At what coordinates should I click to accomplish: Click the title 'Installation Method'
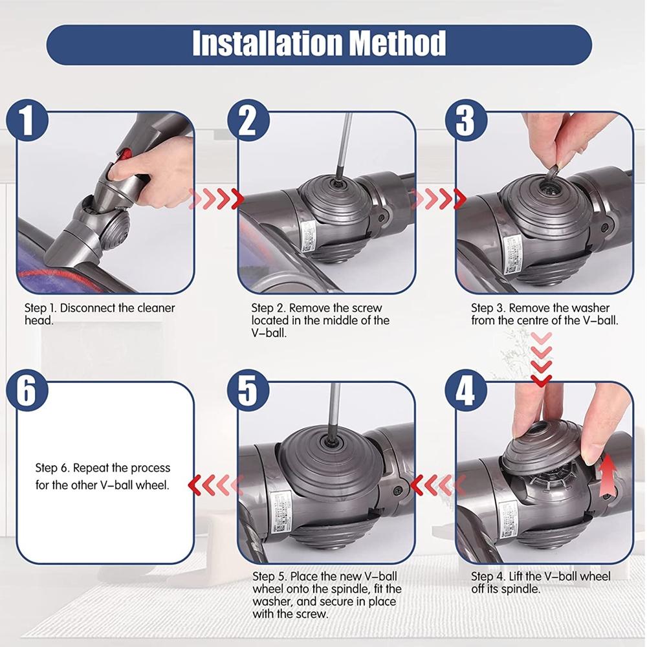point(319,43)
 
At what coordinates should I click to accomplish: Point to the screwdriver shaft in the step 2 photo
point(343,142)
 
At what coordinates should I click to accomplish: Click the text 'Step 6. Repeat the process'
point(102,468)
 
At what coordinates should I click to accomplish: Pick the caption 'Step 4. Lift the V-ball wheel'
point(540,576)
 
